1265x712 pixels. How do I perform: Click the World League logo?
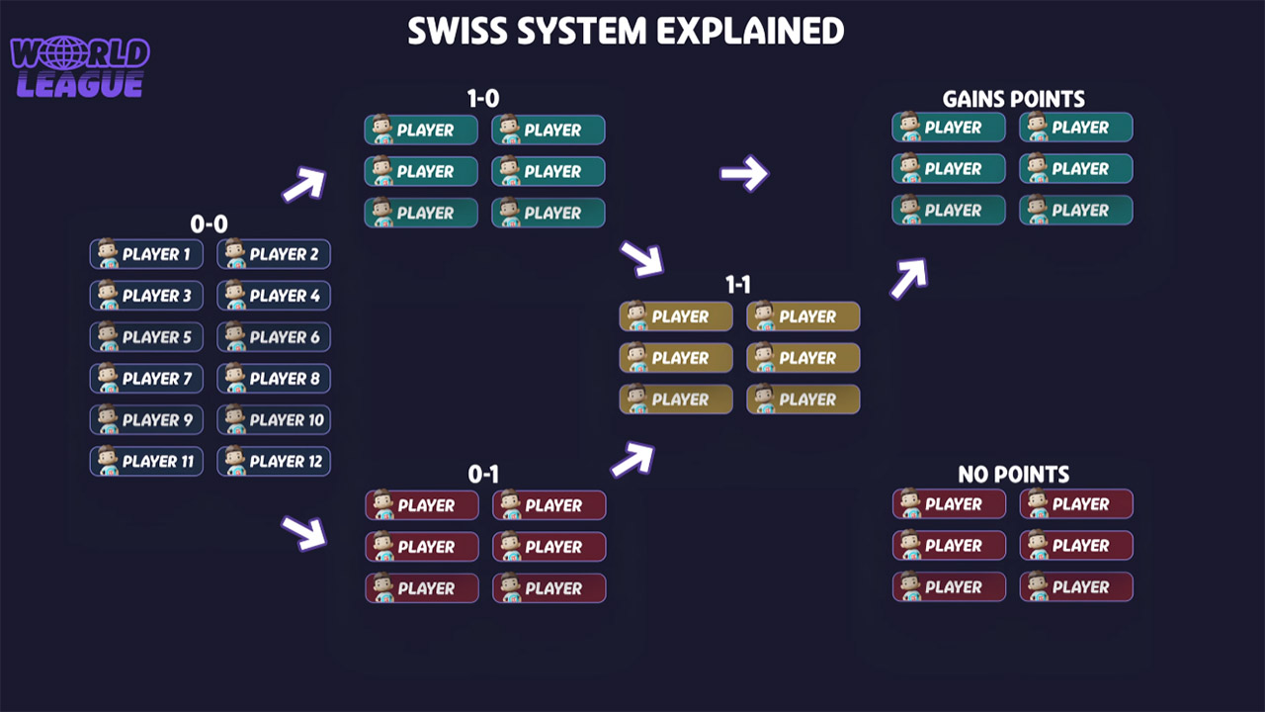[x=79, y=67]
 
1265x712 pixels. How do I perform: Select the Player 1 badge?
[x=146, y=254]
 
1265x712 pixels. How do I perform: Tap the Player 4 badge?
[x=274, y=296]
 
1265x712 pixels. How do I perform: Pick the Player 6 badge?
[x=274, y=337]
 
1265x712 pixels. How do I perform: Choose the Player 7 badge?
[x=146, y=379]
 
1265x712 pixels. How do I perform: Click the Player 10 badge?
[x=274, y=420]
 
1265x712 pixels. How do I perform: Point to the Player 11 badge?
[x=146, y=462]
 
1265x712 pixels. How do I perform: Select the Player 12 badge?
[x=274, y=462]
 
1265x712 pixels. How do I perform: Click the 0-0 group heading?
[x=209, y=224]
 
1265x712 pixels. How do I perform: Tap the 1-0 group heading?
[x=483, y=99]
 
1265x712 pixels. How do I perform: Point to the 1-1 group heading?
[x=738, y=286]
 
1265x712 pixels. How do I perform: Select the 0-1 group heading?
[x=483, y=475]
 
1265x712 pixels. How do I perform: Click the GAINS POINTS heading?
[x=1013, y=99]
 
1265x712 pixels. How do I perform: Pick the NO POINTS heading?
[x=1013, y=475]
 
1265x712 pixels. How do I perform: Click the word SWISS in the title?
[x=457, y=32]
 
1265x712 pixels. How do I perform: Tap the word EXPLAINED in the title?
[x=751, y=32]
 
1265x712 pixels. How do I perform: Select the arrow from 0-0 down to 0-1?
[x=303, y=532]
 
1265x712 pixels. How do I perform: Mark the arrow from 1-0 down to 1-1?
[x=641, y=259]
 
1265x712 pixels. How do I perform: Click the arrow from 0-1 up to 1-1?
[x=632, y=460]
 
